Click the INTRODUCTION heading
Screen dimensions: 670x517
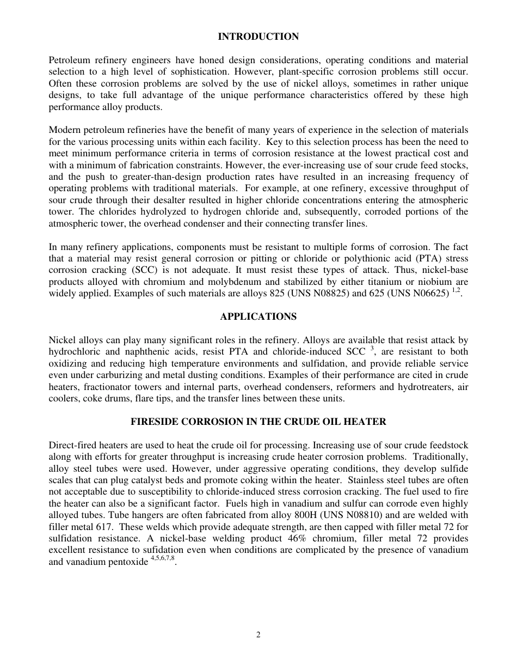point(258,36)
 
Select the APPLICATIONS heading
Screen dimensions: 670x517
point(258,316)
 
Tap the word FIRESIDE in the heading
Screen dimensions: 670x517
point(155,422)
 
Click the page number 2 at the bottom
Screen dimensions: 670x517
point(258,635)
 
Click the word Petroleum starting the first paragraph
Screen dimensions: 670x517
point(69,60)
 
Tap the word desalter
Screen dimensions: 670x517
point(165,200)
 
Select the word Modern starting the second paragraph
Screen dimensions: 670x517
point(64,130)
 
